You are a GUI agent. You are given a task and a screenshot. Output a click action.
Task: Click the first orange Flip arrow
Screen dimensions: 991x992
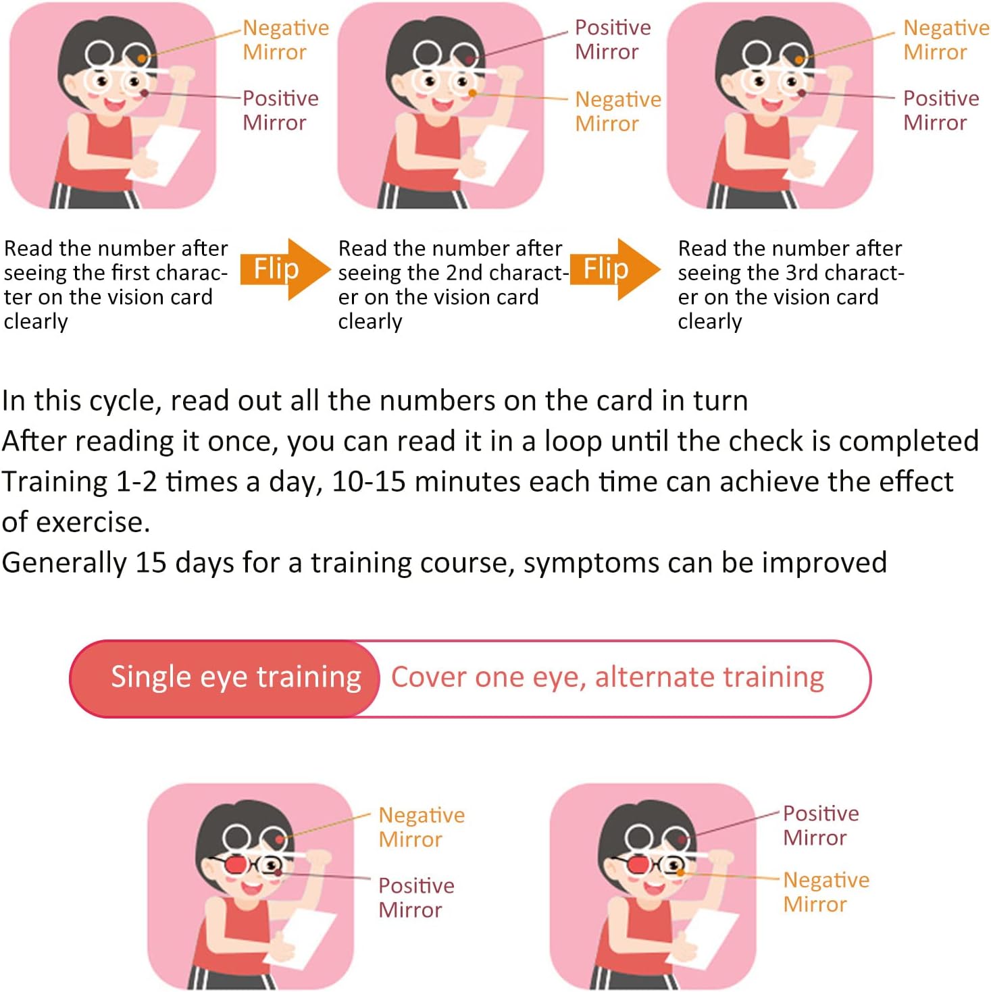pyautogui.click(x=285, y=269)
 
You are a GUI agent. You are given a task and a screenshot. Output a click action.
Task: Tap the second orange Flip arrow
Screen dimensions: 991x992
pyautogui.click(x=615, y=269)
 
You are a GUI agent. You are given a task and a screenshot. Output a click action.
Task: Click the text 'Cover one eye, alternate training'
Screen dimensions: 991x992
pyautogui.click(x=607, y=677)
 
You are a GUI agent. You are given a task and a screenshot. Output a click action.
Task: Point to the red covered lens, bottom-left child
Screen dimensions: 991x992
pyautogui.click(x=236, y=865)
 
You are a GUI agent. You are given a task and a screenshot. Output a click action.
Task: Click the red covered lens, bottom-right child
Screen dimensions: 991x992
pyautogui.click(x=638, y=865)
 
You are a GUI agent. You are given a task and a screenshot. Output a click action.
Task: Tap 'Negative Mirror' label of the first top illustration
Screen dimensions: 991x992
pyautogui.click(x=285, y=40)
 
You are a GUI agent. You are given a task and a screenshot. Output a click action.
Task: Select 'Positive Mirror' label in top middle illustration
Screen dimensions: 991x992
pyautogui.click(x=613, y=40)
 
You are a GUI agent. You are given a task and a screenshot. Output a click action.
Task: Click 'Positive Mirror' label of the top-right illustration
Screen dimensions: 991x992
pyautogui.click(x=940, y=110)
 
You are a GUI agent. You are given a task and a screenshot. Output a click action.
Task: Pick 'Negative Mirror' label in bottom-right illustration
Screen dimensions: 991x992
pyautogui.click(x=825, y=892)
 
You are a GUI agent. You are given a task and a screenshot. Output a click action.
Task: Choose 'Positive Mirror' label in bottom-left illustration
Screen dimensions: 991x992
pyautogui.click(x=416, y=897)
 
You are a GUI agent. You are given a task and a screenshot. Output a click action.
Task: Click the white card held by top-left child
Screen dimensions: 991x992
pyautogui.click(x=163, y=154)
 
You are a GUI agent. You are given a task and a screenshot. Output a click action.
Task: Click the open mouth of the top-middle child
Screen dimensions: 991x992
pyautogui.click(x=442, y=105)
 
